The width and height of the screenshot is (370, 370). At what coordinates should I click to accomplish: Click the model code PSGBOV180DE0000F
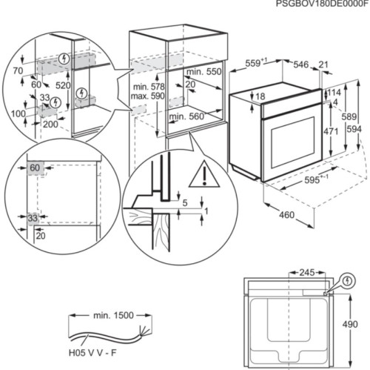[x=321, y=4]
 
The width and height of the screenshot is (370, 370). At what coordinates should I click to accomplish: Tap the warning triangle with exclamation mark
[x=199, y=175]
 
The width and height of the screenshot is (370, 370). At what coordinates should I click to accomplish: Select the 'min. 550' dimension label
[x=204, y=71]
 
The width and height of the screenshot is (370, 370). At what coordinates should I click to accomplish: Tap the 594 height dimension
[x=355, y=130]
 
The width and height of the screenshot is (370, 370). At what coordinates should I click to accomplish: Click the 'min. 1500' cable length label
[x=113, y=315]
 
